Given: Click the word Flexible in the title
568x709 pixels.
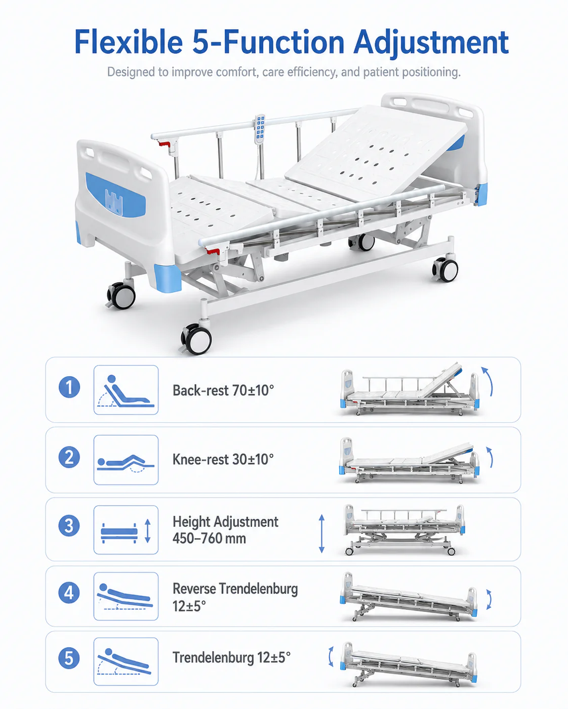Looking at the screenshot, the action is pyautogui.click(x=128, y=42).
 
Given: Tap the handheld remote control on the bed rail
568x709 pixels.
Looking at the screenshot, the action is pyautogui.click(x=260, y=129).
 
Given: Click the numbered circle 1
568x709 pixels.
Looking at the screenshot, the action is pyautogui.click(x=69, y=387).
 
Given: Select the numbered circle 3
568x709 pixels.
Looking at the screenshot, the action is pyautogui.click(x=69, y=525).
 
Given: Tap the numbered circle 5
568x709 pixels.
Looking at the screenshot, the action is pyautogui.click(x=69, y=658).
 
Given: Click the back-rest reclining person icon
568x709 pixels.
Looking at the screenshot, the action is pyautogui.click(x=126, y=391).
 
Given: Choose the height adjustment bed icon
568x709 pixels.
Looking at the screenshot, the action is pyautogui.click(x=126, y=530).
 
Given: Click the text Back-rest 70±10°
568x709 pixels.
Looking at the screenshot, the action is pyautogui.click(x=223, y=391).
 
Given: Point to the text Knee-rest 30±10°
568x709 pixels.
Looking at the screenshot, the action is pyautogui.click(x=223, y=460).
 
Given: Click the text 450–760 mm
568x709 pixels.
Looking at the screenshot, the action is pyautogui.click(x=209, y=539).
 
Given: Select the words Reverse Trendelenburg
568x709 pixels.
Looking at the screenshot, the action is pyautogui.click(x=235, y=589).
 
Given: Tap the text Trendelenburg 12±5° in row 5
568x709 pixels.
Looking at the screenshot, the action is pyautogui.click(x=231, y=657).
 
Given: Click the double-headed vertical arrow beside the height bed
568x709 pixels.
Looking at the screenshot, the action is pyautogui.click(x=321, y=534).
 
